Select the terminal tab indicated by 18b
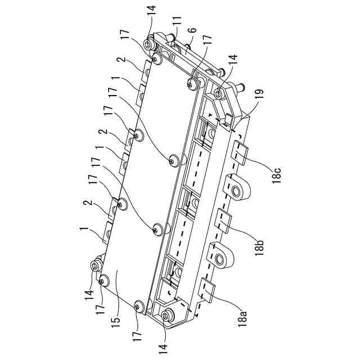[x=223, y=220]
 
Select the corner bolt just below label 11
[x=150, y=44]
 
